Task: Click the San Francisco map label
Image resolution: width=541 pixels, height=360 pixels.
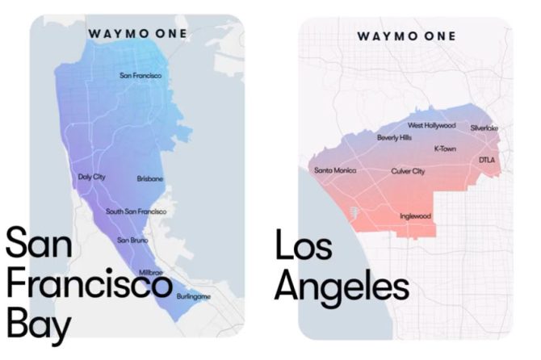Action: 140,76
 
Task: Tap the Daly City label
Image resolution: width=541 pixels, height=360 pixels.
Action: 92,176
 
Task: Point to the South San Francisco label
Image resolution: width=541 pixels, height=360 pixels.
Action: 136,211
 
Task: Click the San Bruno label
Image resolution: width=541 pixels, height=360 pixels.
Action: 132,241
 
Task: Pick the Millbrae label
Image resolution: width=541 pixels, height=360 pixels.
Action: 151,273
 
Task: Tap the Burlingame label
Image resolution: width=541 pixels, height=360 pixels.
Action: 193,297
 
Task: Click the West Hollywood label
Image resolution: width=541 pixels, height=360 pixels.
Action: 431,126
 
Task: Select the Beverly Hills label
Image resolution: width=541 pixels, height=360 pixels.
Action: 394,138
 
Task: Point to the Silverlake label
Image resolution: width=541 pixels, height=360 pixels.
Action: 484,128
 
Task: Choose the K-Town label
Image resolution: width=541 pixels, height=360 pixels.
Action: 445,149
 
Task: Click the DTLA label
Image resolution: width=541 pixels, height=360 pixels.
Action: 486,160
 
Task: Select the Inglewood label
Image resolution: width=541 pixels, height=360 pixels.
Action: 415,216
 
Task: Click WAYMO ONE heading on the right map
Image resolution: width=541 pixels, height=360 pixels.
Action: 405,36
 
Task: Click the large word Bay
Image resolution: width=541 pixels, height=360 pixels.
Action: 39,324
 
